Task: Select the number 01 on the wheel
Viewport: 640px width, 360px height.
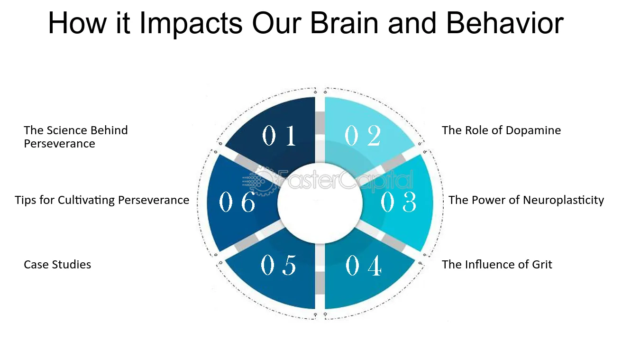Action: (279, 136)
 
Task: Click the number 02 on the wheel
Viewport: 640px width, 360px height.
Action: (363, 136)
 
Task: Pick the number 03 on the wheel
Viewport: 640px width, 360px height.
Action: (399, 203)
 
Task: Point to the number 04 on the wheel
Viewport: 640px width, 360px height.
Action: (364, 266)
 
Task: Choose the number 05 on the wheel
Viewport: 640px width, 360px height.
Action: (279, 266)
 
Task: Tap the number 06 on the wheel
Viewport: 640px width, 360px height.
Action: (238, 203)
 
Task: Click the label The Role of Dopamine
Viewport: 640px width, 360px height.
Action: (501, 130)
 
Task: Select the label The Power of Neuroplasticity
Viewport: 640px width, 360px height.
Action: (526, 200)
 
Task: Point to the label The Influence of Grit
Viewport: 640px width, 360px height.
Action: (497, 264)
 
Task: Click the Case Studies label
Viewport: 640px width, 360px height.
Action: (57, 264)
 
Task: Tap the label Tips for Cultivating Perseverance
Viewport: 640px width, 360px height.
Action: (102, 200)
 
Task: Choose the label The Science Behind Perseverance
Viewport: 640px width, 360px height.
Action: (76, 137)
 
